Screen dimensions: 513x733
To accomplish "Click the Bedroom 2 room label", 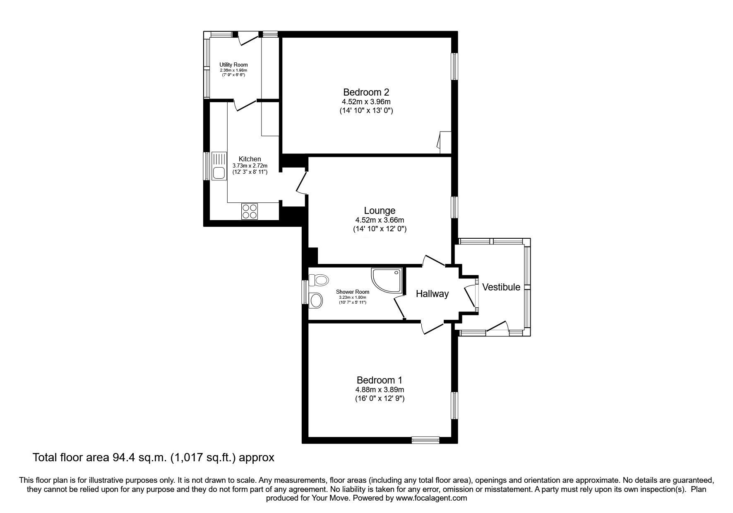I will coord(366,92).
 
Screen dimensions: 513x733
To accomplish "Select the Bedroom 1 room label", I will coord(380,380).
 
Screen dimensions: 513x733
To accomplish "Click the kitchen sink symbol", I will coord(219,166).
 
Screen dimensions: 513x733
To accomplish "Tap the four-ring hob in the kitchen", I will coord(249,211).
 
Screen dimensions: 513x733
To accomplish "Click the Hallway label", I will coord(432,294).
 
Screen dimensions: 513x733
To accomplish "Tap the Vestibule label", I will coord(501,287).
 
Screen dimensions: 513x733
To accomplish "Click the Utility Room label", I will coord(233,65).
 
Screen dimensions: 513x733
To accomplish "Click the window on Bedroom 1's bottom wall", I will coord(425,440).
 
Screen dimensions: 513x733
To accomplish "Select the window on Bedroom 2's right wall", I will coord(455,66).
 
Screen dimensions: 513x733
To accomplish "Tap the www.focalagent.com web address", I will coord(431,498).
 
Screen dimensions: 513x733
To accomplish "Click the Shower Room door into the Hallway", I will coord(399,307).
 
